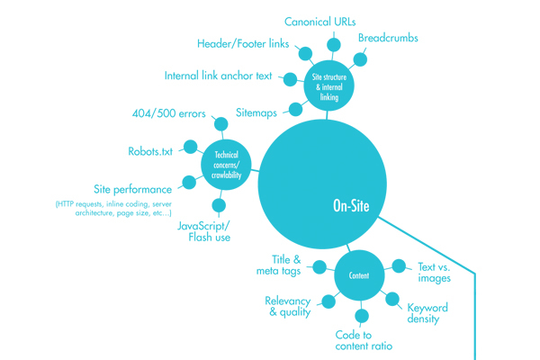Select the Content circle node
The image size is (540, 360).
(358, 275)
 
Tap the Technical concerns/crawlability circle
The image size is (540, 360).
(226, 165)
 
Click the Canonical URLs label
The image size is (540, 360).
(319, 22)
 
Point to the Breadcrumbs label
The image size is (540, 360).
(388, 38)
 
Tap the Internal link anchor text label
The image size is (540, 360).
(218, 76)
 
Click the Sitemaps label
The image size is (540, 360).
(256, 113)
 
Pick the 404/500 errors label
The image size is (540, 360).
(167, 114)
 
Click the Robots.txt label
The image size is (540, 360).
(150, 152)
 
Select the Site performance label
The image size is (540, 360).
(132, 190)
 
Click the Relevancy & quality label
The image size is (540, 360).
(288, 306)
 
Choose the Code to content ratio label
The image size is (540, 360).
(364, 340)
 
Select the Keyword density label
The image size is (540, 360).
(427, 313)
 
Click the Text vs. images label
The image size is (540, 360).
(434, 272)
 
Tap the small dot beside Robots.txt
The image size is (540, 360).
(190, 147)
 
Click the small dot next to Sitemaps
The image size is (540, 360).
(295, 110)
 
